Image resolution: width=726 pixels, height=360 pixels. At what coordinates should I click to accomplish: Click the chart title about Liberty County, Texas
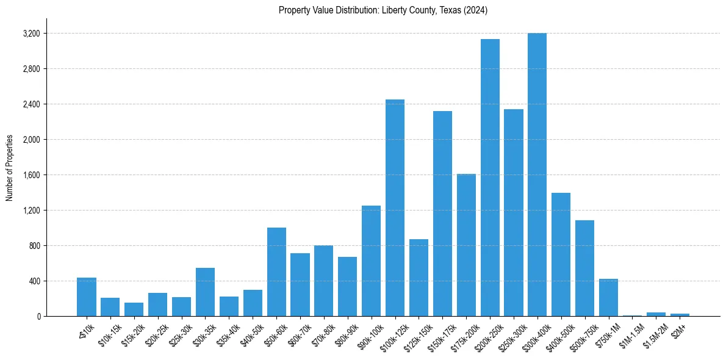[x=383, y=10]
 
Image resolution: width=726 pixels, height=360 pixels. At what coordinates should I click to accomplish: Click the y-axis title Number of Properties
[x=10, y=168]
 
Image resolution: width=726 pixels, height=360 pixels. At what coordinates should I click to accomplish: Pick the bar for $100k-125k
[x=395, y=207]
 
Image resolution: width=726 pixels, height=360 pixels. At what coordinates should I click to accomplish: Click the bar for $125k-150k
[x=419, y=278]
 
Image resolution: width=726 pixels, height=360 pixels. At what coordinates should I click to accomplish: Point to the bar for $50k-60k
[x=276, y=272]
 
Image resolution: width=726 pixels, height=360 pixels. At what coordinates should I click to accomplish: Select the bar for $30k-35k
[x=205, y=292]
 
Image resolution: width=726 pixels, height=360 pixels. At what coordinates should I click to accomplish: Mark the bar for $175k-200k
[x=466, y=245]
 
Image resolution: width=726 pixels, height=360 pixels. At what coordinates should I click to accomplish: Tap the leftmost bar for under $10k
[x=87, y=297]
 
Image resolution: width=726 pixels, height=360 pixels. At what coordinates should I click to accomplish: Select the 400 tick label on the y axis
[x=33, y=281]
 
